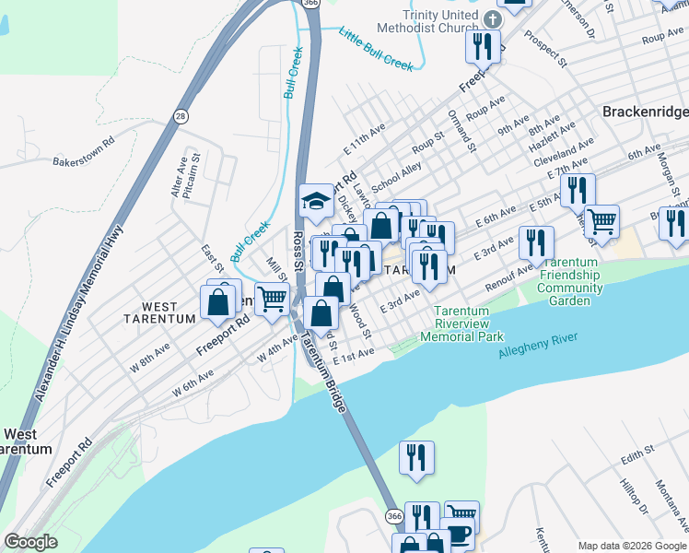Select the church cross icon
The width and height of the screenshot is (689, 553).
(492, 18)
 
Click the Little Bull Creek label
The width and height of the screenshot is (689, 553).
(376, 49)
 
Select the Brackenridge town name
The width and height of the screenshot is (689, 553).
(645, 111)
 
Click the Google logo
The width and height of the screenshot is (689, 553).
(30, 542)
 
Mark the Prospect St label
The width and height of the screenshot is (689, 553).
(543, 49)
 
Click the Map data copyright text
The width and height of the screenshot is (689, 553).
(631, 545)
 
